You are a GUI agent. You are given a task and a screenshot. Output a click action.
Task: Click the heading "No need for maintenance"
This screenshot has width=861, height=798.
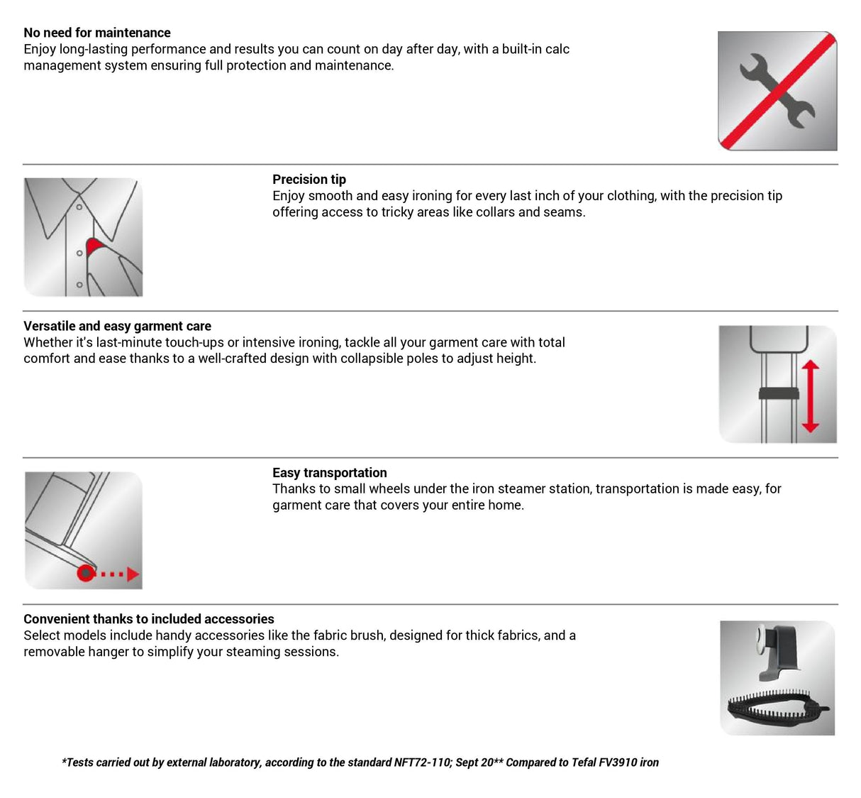(97, 33)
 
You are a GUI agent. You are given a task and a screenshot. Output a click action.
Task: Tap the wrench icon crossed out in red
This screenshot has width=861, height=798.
(777, 91)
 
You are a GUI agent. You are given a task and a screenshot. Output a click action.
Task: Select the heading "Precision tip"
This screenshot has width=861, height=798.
(309, 180)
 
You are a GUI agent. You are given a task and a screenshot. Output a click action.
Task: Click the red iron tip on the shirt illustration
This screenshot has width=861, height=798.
(94, 246)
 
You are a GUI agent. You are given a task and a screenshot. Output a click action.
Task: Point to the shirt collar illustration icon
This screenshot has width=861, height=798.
(83, 237)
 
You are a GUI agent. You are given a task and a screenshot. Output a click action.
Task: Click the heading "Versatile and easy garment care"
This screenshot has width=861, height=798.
(117, 326)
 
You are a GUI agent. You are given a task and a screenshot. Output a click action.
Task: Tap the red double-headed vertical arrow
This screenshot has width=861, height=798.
(810, 396)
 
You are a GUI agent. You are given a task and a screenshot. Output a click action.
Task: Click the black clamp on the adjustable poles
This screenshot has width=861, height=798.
(779, 393)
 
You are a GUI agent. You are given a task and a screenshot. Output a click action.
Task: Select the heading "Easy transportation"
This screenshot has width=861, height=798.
(330, 473)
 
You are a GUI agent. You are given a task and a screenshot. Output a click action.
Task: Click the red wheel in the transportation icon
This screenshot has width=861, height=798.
(86, 573)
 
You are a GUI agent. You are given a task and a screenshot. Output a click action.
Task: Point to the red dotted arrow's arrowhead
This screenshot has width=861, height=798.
(133, 574)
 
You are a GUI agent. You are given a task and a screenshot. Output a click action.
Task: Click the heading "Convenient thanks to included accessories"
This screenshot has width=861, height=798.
(149, 619)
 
